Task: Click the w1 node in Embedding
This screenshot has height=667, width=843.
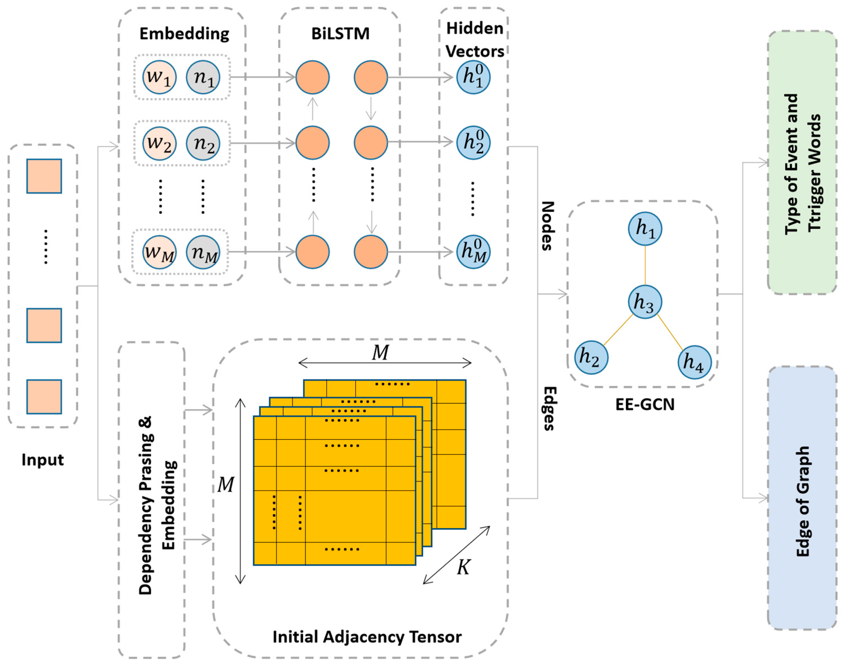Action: [159, 77]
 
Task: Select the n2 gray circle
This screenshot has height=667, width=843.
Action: [203, 143]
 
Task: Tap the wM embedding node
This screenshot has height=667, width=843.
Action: [159, 252]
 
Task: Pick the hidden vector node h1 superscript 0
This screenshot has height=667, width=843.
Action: [473, 77]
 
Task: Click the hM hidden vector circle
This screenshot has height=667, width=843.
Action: [473, 252]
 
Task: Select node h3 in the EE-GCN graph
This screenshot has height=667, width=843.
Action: [645, 302]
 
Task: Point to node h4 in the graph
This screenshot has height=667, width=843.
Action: [694, 362]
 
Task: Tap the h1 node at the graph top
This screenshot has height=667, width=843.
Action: [645, 228]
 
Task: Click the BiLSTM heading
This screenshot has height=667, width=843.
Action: [340, 34]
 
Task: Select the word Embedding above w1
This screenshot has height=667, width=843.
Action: [184, 34]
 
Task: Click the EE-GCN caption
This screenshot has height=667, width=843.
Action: [645, 405]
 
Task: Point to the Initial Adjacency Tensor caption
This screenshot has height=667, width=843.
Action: [367, 637]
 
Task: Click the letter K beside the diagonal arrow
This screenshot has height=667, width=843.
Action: [463, 567]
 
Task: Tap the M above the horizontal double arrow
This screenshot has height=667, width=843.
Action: [380, 353]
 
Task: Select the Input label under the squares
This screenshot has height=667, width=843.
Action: [42, 460]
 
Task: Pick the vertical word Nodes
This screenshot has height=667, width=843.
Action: [548, 226]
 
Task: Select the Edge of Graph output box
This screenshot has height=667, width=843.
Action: [802, 498]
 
